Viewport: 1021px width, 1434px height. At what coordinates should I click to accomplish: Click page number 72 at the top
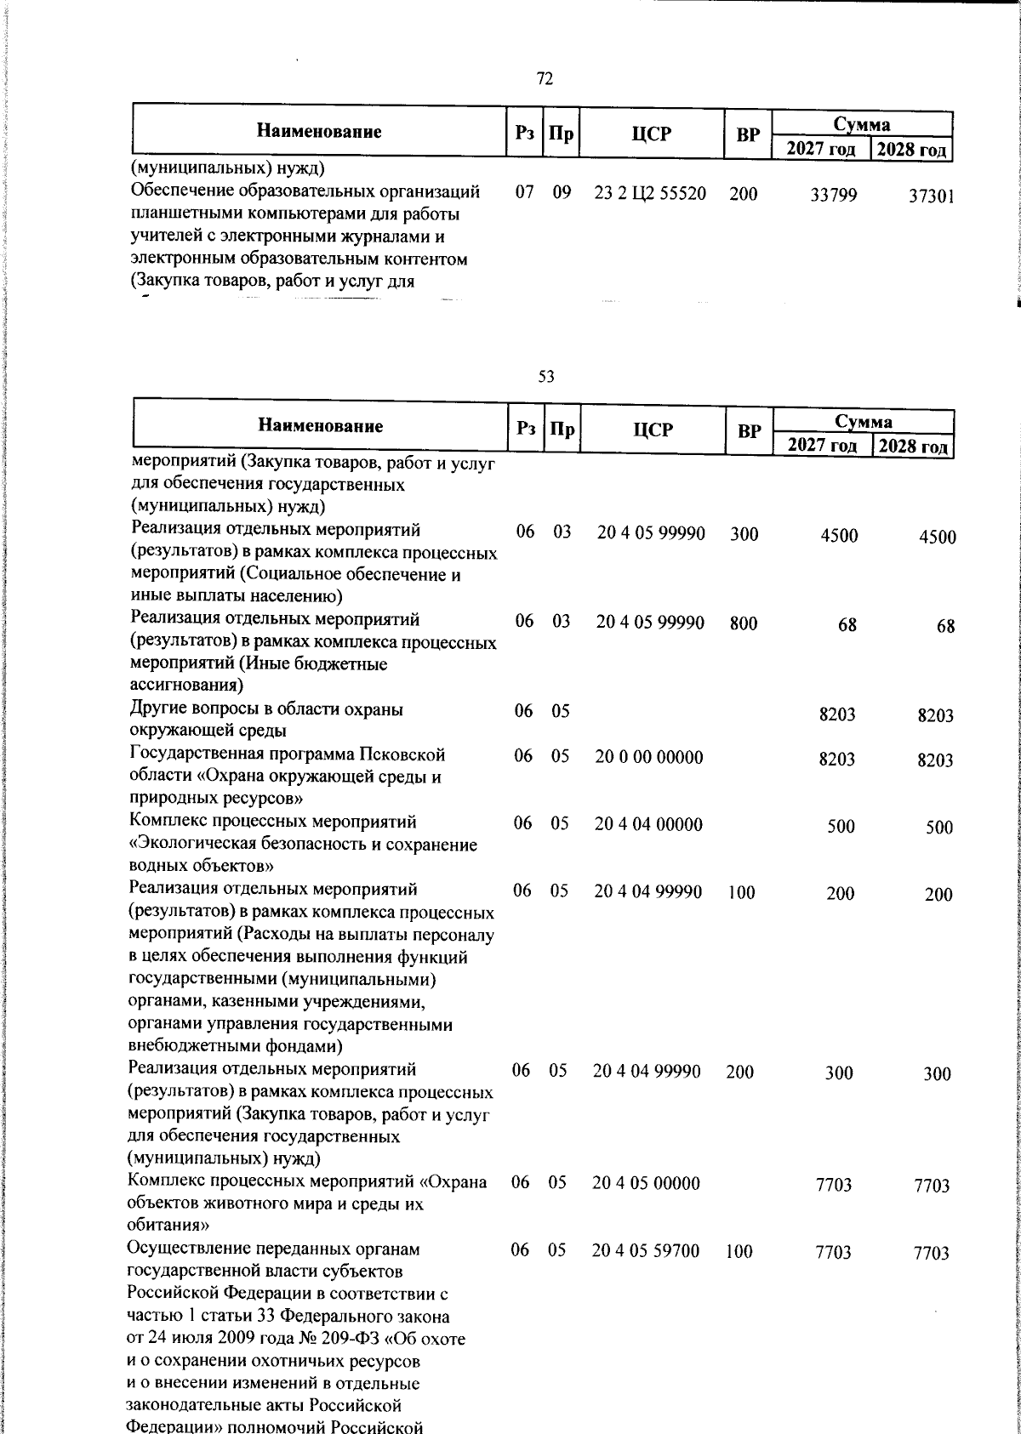pos(545,79)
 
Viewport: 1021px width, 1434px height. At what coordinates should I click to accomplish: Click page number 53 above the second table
pos(546,376)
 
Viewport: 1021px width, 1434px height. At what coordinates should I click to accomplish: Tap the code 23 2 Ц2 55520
pos(650,193)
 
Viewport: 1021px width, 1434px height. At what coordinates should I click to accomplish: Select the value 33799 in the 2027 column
pos(834,196)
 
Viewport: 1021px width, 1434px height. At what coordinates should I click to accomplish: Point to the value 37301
pos(931,197)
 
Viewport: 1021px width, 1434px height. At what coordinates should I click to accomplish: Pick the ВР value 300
pos(744,534)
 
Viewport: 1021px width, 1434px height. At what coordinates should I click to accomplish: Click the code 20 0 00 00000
pos(649,756)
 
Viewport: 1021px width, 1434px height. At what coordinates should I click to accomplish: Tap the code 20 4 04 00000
pos(649,823)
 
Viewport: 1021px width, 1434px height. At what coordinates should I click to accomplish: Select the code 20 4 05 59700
pos(646,1250)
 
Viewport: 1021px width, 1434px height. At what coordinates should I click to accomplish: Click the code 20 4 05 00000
pos(647,1183)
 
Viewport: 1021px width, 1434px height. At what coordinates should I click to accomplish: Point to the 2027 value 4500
pos(840,536)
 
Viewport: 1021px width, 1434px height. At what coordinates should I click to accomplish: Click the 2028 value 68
pos(945,627)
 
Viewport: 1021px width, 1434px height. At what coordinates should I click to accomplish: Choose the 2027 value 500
pos(841,827)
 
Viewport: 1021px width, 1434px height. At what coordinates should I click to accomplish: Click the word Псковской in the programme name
pos(402,754)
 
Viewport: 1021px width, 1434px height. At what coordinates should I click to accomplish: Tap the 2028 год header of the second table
pos(912,447)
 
